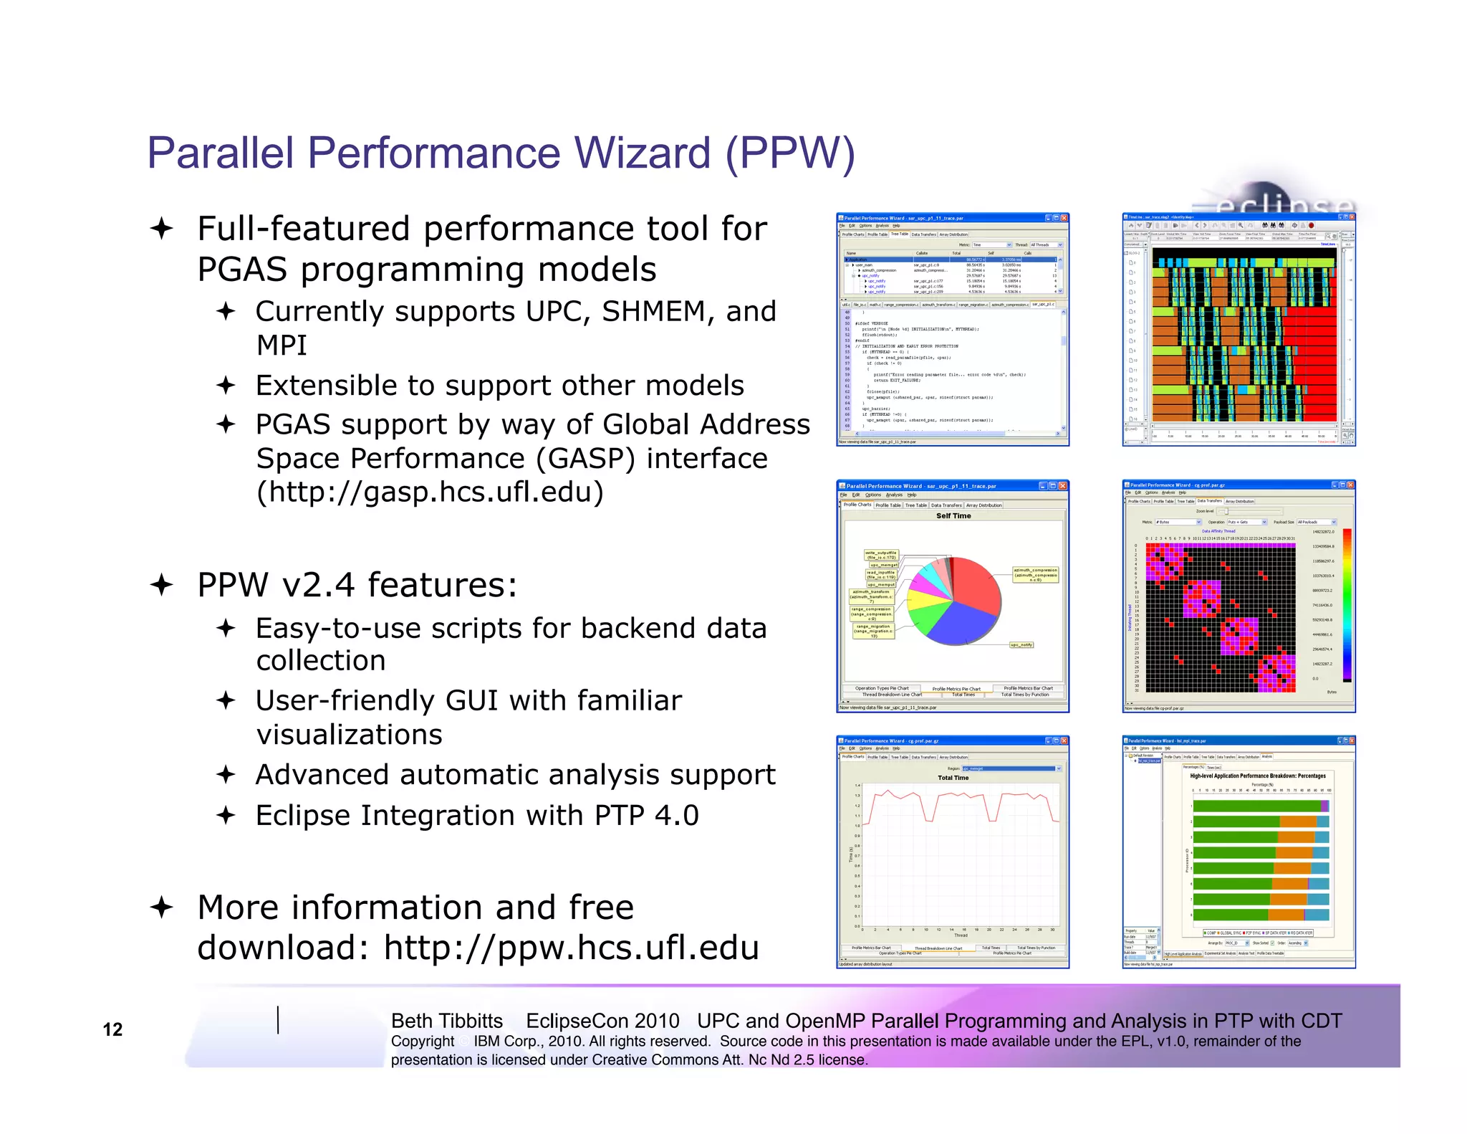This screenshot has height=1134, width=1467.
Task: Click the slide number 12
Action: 112,1029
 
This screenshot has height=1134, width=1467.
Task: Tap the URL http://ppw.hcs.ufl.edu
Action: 571,948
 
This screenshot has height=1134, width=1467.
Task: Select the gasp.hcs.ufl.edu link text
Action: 430,492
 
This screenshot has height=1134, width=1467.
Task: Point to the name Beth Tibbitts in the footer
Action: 446,1021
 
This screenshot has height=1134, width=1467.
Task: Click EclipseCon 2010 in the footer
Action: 602,1021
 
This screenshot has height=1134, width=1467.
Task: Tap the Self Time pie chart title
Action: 953,515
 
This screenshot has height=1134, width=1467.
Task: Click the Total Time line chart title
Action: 953,778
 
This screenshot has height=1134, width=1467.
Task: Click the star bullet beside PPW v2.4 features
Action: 162,585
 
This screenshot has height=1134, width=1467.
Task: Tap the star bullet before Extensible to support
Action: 226,386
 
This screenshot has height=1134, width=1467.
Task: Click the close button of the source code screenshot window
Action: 1064,218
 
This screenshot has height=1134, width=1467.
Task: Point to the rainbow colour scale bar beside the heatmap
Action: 1347,604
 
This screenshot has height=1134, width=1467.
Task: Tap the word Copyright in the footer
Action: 422,1041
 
